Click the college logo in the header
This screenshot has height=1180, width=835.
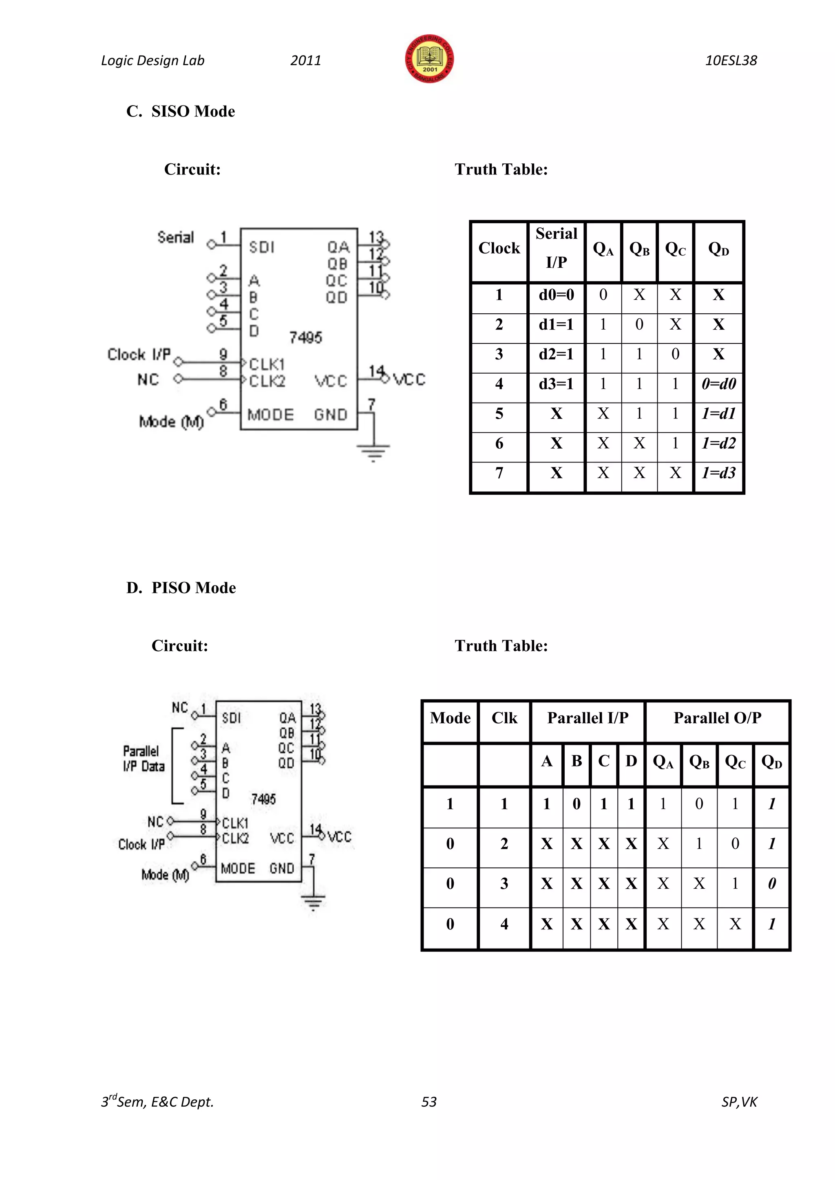(429, 59)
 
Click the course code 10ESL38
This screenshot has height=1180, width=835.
(731, 61)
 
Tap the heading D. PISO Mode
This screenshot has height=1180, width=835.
(181, 588)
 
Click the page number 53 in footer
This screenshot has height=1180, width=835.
(429, 1101)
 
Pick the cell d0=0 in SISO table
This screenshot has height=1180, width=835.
(556, 295)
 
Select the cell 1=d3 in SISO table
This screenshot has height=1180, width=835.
(719, 473)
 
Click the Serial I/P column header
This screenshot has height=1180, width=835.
(556, 248)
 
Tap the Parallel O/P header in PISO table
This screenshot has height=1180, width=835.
(717, 718)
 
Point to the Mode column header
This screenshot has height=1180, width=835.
(450, 718)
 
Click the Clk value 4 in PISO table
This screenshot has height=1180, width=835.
(504, 924)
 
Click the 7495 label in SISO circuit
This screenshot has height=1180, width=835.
(305, 338)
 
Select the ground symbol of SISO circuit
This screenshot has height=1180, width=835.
(373, 452)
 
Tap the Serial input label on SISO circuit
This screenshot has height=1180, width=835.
(175, 238)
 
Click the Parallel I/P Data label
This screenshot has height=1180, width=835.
(144, 759)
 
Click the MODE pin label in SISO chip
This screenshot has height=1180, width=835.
(270, 415)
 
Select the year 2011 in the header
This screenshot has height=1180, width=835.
(305, 61)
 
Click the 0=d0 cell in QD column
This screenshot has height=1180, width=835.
(719, 384)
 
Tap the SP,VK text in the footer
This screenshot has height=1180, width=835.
(739, 1101)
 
